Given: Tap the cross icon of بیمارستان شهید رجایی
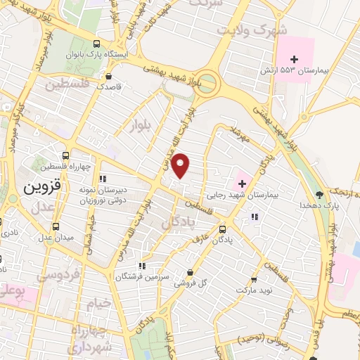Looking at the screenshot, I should coord(243,183).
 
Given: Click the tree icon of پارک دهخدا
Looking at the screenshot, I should coord(321,194).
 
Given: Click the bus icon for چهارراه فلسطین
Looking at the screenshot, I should coord(65,156).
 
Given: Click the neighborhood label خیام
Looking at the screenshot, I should coord(99,303).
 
